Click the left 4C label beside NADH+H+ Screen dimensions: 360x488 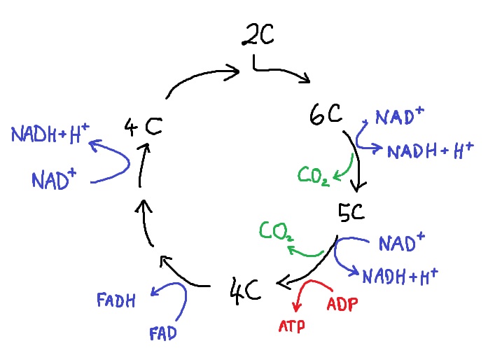click(x=143, y=127)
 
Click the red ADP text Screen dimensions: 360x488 click(x=342, y=305)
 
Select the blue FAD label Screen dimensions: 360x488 click(x=162, y=331)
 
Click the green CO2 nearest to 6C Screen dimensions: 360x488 click(x=314, y=174)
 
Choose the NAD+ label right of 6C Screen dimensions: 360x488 click(x=400, y=117)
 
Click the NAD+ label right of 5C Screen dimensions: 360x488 click(x=402, y=243)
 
